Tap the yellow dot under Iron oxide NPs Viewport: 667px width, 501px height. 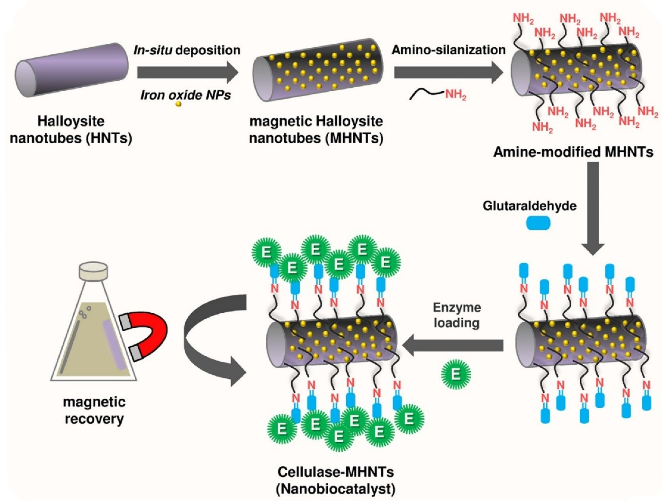click(x=178, y=104)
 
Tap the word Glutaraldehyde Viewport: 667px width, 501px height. click(x=530, y=206)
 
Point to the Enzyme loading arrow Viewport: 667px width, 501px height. click(x=452, y=345)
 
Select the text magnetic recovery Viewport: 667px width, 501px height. click(x=94, y=411)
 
